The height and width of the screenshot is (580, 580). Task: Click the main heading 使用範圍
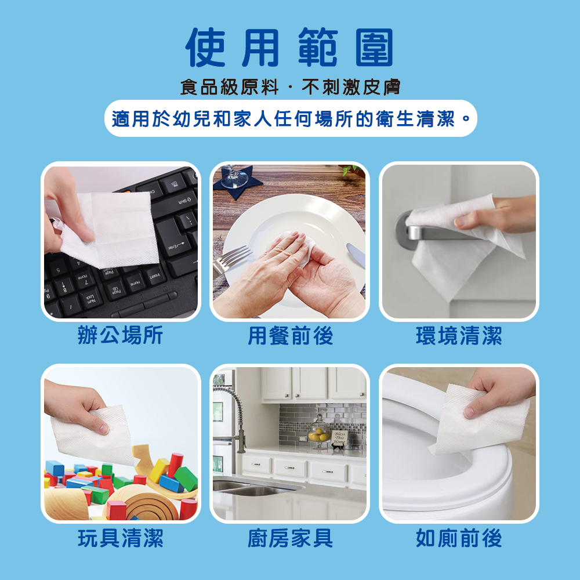290,48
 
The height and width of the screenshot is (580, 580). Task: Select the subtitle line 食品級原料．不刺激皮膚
290,88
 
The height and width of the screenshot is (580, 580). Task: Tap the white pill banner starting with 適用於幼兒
290,119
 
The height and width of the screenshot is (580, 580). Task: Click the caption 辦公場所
121,336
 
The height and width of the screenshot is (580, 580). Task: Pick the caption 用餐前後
290,336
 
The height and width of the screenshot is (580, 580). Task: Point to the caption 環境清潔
459,336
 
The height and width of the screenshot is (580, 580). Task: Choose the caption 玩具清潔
121,539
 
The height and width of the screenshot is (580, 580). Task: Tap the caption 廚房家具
290,539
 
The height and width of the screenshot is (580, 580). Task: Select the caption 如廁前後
459,539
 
